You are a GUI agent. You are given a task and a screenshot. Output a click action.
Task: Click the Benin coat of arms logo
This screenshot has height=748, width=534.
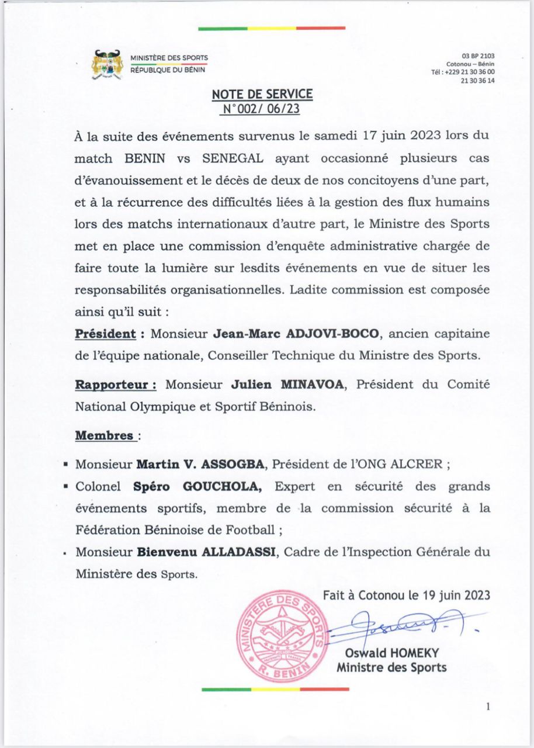[x=107, y=65]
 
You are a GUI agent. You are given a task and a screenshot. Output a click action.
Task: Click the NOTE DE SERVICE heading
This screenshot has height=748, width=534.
[x=262, y=94]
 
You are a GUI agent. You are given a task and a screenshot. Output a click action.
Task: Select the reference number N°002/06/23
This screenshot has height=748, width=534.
[x=262, y=108]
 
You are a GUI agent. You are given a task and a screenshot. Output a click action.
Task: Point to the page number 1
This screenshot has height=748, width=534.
[x=488, y=707]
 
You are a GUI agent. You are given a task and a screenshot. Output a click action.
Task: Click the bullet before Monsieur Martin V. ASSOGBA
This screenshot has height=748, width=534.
[x=67, y=466]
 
